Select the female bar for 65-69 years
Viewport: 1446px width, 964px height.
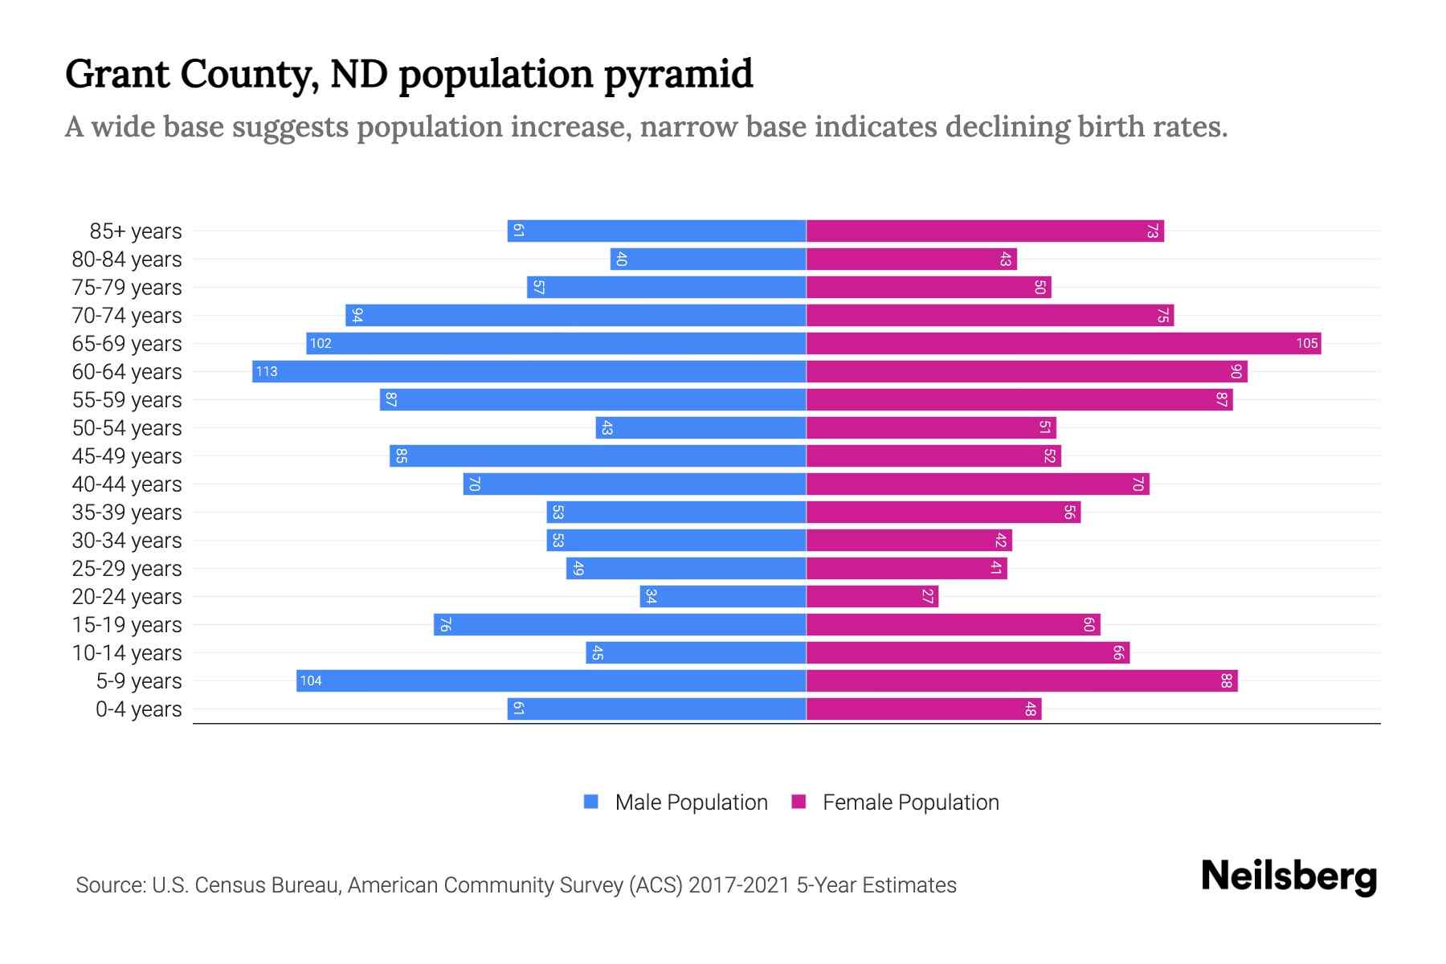click(1063, 343)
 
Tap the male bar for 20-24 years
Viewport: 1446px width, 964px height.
click(723, 596)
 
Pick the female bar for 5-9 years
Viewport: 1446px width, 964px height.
click(1022, 680)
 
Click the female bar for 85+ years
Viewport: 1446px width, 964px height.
click(985, 231)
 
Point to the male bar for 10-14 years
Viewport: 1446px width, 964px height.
click(696, 652)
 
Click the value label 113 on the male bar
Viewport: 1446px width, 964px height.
click(267, 371)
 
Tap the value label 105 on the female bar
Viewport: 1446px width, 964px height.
click(1306, 343)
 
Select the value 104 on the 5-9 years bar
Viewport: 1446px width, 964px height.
click(311, 680)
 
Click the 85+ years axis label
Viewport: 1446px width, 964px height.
click(136, 231)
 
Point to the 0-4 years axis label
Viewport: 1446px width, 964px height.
click(138, 709)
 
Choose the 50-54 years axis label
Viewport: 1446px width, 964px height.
click(127, 428)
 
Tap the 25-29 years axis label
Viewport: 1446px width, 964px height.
click(127, 569)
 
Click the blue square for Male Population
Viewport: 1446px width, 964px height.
click(591, 802)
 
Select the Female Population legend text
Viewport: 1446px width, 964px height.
click(910, 802)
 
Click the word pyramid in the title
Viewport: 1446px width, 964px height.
click(678, 74)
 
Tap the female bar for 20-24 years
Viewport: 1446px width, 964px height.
click(872, 596)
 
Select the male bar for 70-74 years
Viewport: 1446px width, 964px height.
click(575, 315)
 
